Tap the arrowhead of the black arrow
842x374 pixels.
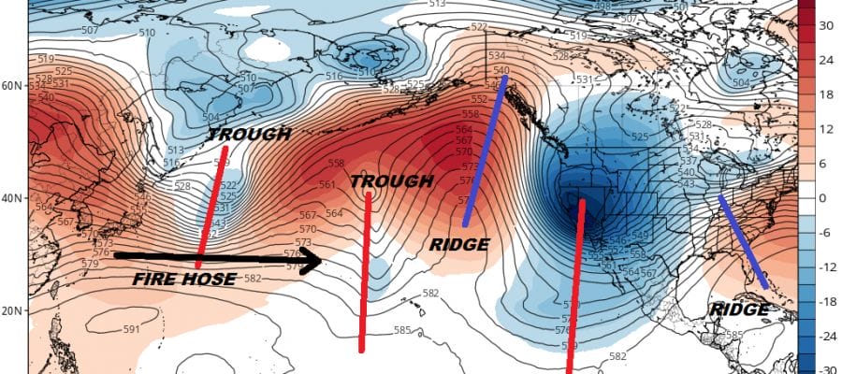[314, 261]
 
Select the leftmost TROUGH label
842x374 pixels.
[249, 135]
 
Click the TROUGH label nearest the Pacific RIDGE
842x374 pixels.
[391, 180]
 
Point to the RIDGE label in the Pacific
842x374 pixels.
[459, 244]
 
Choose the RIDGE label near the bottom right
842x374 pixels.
[739, 309]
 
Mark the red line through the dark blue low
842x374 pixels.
[574, 280]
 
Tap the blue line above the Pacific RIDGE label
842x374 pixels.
[485, 150]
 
